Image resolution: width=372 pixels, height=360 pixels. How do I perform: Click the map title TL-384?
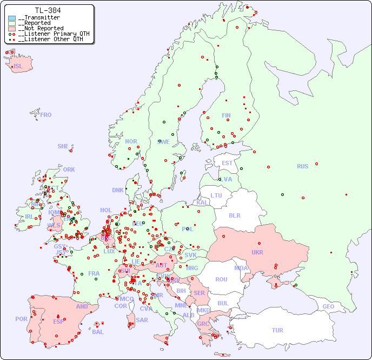(x=48, y=10)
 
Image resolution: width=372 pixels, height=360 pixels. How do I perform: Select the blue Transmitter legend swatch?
(x=12, y=18)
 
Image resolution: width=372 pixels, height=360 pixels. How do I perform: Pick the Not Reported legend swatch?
(x=12, y=29)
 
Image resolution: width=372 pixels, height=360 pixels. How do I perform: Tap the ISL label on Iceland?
(x=18, y=67)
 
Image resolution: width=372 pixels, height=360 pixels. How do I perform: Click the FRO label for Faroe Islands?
(x=46, y=115)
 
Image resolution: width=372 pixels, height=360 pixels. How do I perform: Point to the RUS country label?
(x=302, y=166)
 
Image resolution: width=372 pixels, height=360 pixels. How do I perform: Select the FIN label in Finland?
(x=226, y=115)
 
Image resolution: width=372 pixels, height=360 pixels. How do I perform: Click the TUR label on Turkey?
(x=277, y=330)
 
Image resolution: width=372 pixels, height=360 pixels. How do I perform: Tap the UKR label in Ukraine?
(x=257, y=252)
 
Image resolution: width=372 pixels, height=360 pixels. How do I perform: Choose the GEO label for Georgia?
(x=328, y=306)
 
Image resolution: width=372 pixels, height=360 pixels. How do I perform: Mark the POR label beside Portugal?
(x=21, y=319)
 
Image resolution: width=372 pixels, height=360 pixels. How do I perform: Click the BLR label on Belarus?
(x=235, y=215)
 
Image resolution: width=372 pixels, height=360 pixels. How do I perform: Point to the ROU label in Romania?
(x=221, y=279)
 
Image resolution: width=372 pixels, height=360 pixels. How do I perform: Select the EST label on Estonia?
(x=227, y=163)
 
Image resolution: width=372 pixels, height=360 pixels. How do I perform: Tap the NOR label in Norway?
(x=131, y=141)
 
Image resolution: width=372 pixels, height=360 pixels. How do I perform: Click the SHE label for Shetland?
(x=63, y=146)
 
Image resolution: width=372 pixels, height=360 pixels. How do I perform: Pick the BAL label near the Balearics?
(x=98, y=332)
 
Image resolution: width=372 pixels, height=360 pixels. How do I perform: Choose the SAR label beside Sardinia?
(x=142, y=320)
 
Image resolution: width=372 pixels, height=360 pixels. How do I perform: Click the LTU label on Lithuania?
(x=216, y=195)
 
